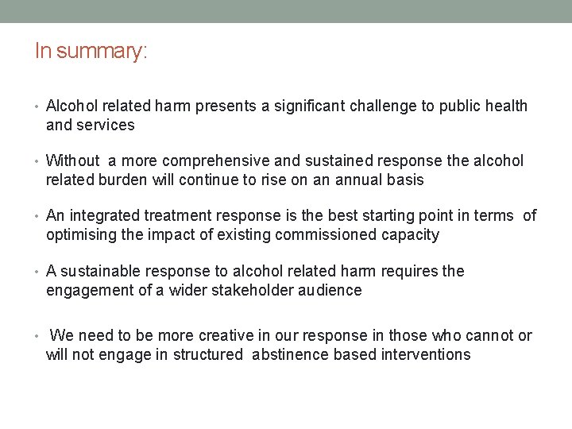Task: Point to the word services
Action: click(x=106, y=125)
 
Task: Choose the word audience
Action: click(x=329, y=290)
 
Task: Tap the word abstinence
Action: click(x=290, y=354)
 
